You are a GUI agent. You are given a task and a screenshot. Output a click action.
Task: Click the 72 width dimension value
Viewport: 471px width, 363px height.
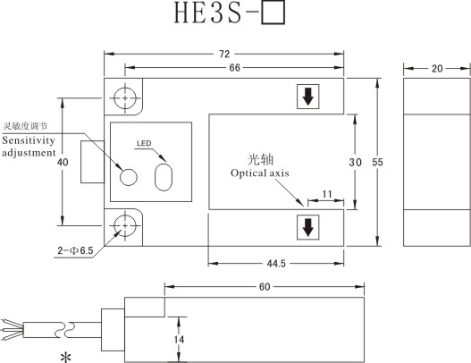pyautogui.click(x=224, y=54)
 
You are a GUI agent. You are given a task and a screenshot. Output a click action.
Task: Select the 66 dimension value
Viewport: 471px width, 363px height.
pyautogui.click(x=234, y=68)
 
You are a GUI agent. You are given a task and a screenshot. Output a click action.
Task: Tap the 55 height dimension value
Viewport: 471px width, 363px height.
pyautogui.click(x=377, y=162)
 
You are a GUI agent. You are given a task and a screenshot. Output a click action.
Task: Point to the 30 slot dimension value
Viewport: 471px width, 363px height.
pyautogui.click(x=356, y=162)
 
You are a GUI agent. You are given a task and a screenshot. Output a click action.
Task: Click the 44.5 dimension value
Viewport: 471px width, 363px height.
pyautogui.click(x=276, y=264)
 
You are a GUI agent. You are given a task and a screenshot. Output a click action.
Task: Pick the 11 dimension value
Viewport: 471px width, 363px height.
pyautogui.click(x=327, y=194)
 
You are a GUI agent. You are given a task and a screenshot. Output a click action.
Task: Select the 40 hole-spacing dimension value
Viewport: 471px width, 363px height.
pyautogui.click(x=63, y=162)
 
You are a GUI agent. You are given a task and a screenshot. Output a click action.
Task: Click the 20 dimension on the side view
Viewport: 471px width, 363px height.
pyautogui.click(x=437, y=69)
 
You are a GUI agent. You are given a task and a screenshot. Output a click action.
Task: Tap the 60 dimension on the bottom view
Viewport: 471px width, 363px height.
pyautogui.click(x=265, y=287)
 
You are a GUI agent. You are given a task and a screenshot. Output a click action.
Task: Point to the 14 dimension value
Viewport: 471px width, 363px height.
pyautogui.click(x=179, y=340)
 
